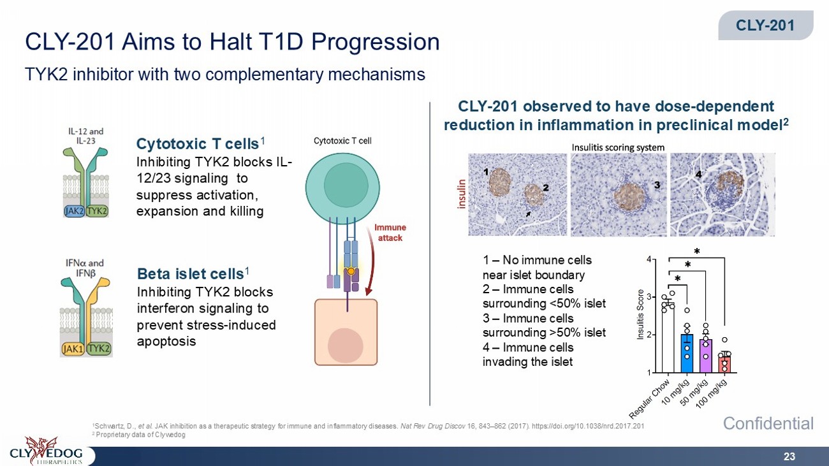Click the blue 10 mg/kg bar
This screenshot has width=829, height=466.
point(687,353)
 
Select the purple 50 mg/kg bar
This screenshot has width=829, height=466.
point(706,356)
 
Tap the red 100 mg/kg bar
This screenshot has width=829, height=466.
point(724,365)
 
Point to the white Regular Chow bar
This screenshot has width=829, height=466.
point(668,338)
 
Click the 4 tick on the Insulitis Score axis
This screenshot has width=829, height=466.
point(649,259)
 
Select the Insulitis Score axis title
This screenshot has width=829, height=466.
point(640,315)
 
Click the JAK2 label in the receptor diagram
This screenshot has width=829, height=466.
point(75,211)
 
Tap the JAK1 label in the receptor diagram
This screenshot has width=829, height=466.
point(73,349)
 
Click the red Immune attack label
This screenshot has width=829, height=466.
point(390,233)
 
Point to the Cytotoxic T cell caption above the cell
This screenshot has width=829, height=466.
point(342,141)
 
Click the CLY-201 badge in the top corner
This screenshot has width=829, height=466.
point(766,25)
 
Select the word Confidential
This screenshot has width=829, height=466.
point(768,424)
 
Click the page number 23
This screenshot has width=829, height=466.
point(789,456)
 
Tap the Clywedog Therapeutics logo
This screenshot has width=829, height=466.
point(47,451)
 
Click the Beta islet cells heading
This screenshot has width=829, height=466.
point(193,274)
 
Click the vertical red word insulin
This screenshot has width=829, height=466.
point(461,194)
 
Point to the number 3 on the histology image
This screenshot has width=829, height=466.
point(657,185)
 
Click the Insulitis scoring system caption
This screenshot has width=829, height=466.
point(618,147)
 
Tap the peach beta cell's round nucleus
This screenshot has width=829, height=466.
point(345,346)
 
